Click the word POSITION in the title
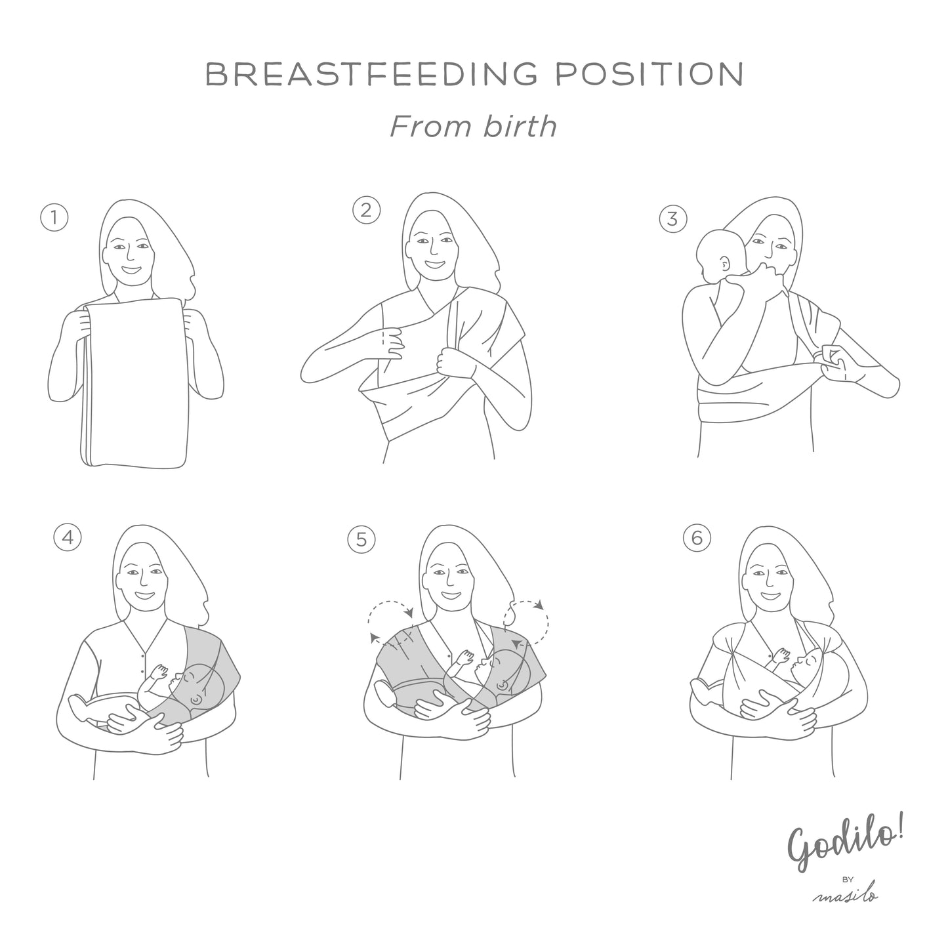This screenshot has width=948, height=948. point(649,74)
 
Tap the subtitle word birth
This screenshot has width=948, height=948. point(520,126)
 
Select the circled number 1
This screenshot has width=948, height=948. point(54,217)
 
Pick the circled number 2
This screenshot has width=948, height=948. point(366,210)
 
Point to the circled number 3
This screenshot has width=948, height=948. point(672,218)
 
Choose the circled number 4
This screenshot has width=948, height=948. point(68,537)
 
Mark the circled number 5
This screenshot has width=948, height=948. point(361,539)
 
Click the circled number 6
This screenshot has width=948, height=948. point(697,538)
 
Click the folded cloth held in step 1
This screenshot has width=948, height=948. point(134,382)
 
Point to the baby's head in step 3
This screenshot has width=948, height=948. point(720,256)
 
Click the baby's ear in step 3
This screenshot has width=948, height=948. point(725,264)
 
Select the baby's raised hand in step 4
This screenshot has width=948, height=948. point(159,672)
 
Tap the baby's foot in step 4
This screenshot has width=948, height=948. point(79,705)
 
